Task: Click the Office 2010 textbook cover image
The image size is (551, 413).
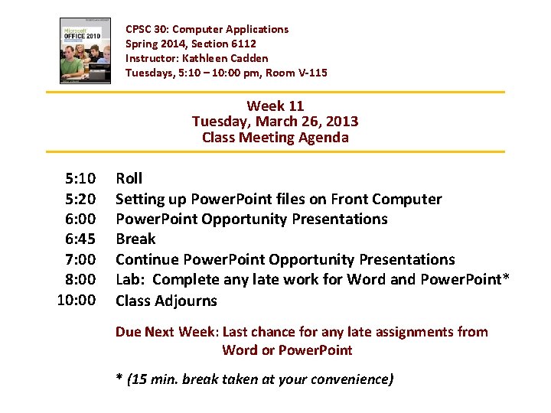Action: (x=85, y=50)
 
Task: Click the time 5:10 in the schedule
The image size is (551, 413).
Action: (x=80, y=179)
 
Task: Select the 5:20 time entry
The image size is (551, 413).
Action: (x=80, y=199)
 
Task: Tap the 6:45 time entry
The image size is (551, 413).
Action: (x=80, y=239)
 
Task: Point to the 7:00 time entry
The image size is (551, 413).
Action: (x=80, y=259)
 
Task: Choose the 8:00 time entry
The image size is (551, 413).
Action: (x=80, y=280)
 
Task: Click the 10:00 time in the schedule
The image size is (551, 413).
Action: (x=77, y=300)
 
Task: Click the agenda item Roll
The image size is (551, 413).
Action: (x=129, y=179)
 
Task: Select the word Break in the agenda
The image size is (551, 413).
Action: (x=135, y=239)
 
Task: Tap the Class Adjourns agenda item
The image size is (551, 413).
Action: (x=166, y=301)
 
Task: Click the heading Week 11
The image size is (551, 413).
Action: (x=275, y=106)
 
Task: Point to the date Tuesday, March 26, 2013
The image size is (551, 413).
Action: (x=275, y=122)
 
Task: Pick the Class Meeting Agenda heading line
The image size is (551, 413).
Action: (x=275, y=138)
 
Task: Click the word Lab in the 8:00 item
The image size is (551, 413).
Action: (x=128, y=280)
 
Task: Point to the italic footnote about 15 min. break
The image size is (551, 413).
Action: (x=254, y=379)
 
